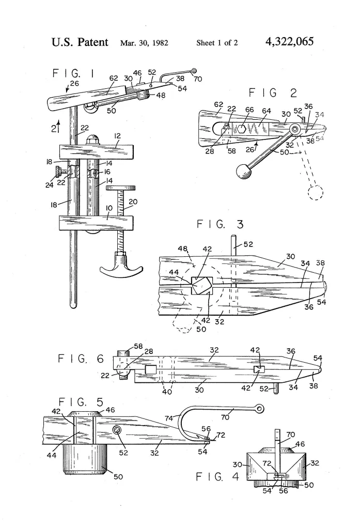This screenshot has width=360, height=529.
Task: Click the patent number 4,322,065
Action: coord(289,41)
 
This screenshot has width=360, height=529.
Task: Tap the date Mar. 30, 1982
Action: coord(147,42)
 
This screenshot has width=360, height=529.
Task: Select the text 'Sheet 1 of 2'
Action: coord(217,42)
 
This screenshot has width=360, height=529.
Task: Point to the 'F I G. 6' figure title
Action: coord(80,359)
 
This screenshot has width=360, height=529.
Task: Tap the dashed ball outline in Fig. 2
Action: coord(316,193)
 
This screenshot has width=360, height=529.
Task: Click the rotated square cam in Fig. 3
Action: coord(201,285)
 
